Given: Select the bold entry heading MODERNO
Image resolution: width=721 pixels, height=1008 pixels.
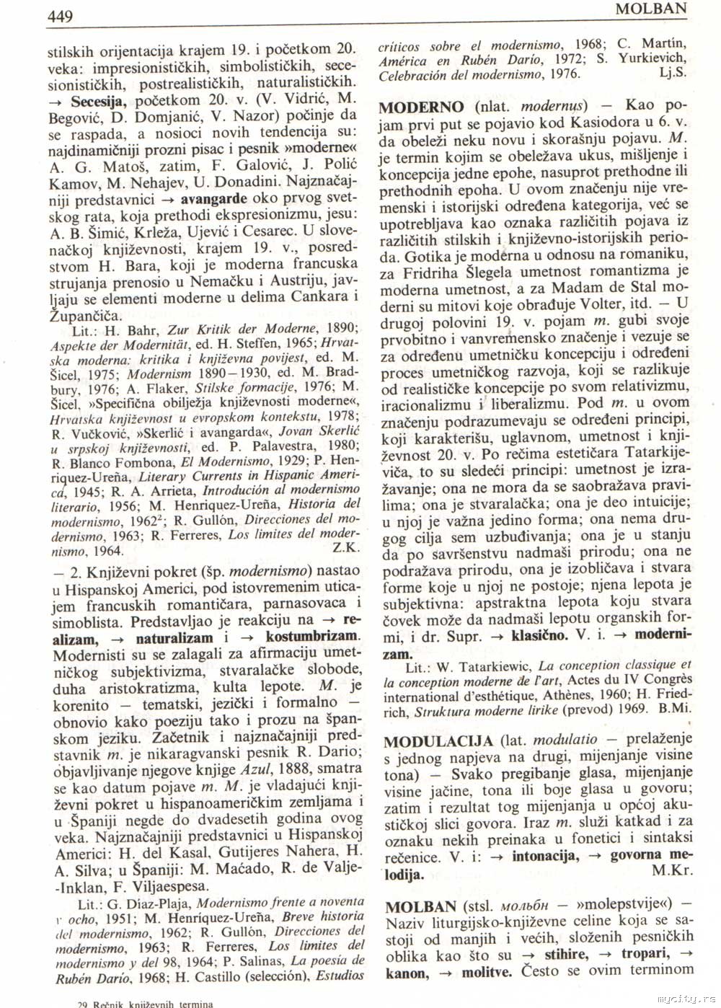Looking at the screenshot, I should (423, 107).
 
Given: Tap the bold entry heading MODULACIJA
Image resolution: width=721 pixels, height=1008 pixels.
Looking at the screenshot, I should (438, 740).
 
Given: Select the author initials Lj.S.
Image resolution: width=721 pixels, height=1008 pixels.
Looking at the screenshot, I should (673, 73).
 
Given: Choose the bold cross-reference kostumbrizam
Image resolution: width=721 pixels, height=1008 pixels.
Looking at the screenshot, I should (312, 637).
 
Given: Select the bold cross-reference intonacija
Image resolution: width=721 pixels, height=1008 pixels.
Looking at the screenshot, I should (544, 856).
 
